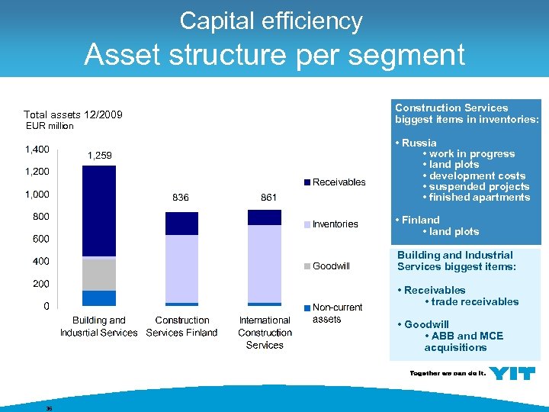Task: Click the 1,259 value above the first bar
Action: click(x=99, y=156)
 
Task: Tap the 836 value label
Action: click(x=181, y=198)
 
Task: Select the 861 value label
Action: click(x=268, y=198)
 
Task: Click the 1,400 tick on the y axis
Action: click(x=37, y=149)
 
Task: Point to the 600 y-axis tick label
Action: click(x=40, y=239)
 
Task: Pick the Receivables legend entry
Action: click(x=339, y=182)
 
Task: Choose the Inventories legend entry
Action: click(x=335, y=224)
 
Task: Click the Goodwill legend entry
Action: click(x=331, y=266)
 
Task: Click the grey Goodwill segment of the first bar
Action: click(x=99, y=275)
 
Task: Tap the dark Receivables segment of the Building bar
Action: click(x=99, y=211)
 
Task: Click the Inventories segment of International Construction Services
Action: click(x=265, y=264)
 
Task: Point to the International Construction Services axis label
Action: click(x=265, y=333)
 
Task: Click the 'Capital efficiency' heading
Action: click(x=271, y=21)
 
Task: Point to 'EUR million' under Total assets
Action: click(x=50, y=126)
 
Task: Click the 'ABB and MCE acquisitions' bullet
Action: click(x=464, y=342)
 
